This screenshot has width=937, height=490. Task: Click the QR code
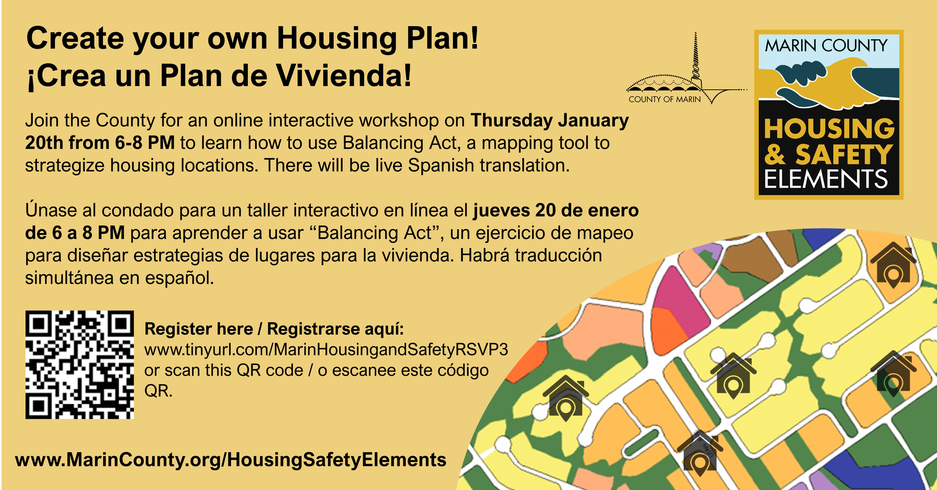point(80,365)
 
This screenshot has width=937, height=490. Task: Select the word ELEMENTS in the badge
point(826,179)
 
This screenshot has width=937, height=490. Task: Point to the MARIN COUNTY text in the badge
point(826,45)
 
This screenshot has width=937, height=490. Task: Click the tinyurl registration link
point(326,350)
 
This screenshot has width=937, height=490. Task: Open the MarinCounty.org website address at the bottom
point(231,460)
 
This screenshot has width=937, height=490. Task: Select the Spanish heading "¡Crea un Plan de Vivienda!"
point(219,75)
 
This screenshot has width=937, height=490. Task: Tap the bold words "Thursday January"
point(550,120)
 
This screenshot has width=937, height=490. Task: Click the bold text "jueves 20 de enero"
point(556,210)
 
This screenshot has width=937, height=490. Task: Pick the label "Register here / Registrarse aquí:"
point(274,329)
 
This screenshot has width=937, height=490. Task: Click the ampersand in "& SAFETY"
point(775,154)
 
